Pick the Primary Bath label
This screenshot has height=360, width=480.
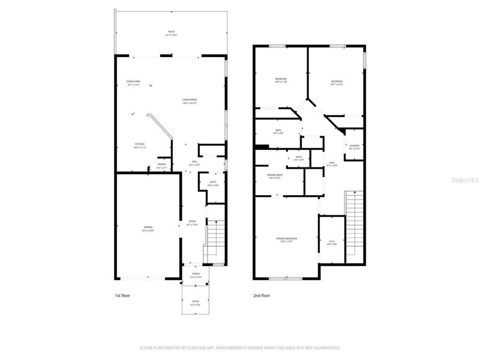click(x=275, y=176)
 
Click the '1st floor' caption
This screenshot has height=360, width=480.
click(x=123, y=295)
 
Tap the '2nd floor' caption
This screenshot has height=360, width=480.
click(x=262, y=295)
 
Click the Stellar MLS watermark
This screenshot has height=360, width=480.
click(x=465, y=181)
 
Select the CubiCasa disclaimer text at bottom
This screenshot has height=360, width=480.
click(x=239, y=348)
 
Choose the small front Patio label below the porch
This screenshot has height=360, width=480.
click(x=196, y=304)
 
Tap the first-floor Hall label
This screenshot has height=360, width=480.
click(x=194, y=164)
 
